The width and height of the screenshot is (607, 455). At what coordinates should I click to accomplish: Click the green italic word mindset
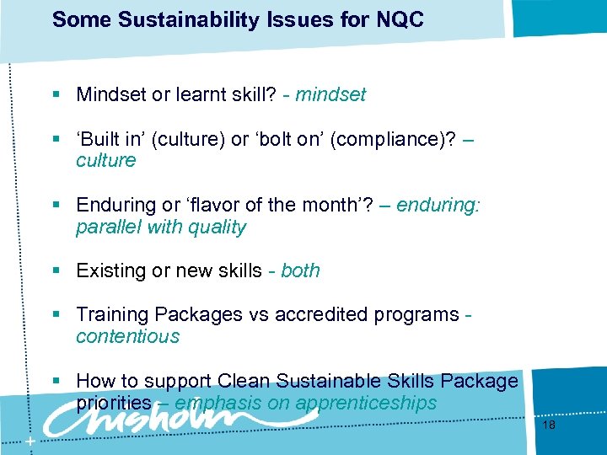click(x=330, y=95)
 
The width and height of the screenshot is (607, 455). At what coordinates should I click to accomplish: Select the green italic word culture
click(x=105, y=161)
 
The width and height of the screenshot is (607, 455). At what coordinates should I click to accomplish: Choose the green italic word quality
click(x=218, y=227)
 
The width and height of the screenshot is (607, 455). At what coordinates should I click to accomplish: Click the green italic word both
click(x=300, y=270)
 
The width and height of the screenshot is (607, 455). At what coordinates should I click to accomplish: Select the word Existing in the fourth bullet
click(x=108, y=270)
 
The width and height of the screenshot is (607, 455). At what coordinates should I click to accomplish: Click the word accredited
click(x=324, y=314)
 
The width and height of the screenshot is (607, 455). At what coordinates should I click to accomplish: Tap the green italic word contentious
click(x=127, y=336)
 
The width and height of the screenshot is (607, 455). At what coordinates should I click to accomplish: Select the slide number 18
click(x=549, y=426)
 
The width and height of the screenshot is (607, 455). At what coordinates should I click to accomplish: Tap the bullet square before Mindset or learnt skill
click(x=56, y=95)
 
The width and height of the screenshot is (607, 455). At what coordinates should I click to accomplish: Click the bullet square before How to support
click(x=56, y=381)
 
